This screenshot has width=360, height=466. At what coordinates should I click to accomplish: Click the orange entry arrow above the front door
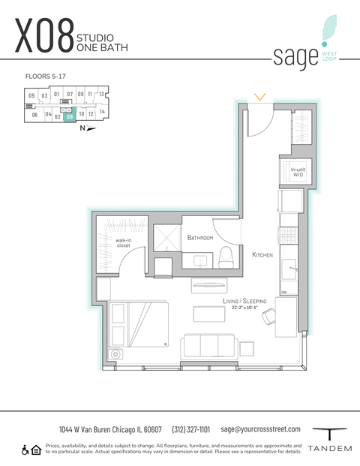[259, 96]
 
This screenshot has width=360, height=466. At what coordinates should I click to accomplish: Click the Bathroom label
[200, 237]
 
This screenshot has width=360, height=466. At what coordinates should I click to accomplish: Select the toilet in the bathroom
[226, 259]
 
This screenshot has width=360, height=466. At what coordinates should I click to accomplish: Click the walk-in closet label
[123, 243]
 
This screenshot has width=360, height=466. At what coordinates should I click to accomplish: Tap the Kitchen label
[262, 255]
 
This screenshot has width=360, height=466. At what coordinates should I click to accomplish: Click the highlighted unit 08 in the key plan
[70, 116]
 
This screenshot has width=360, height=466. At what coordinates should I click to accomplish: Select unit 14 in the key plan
[102, 111]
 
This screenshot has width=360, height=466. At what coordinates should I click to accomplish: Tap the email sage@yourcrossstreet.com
[260, 429]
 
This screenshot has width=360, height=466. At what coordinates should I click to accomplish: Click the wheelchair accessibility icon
[25, 449]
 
